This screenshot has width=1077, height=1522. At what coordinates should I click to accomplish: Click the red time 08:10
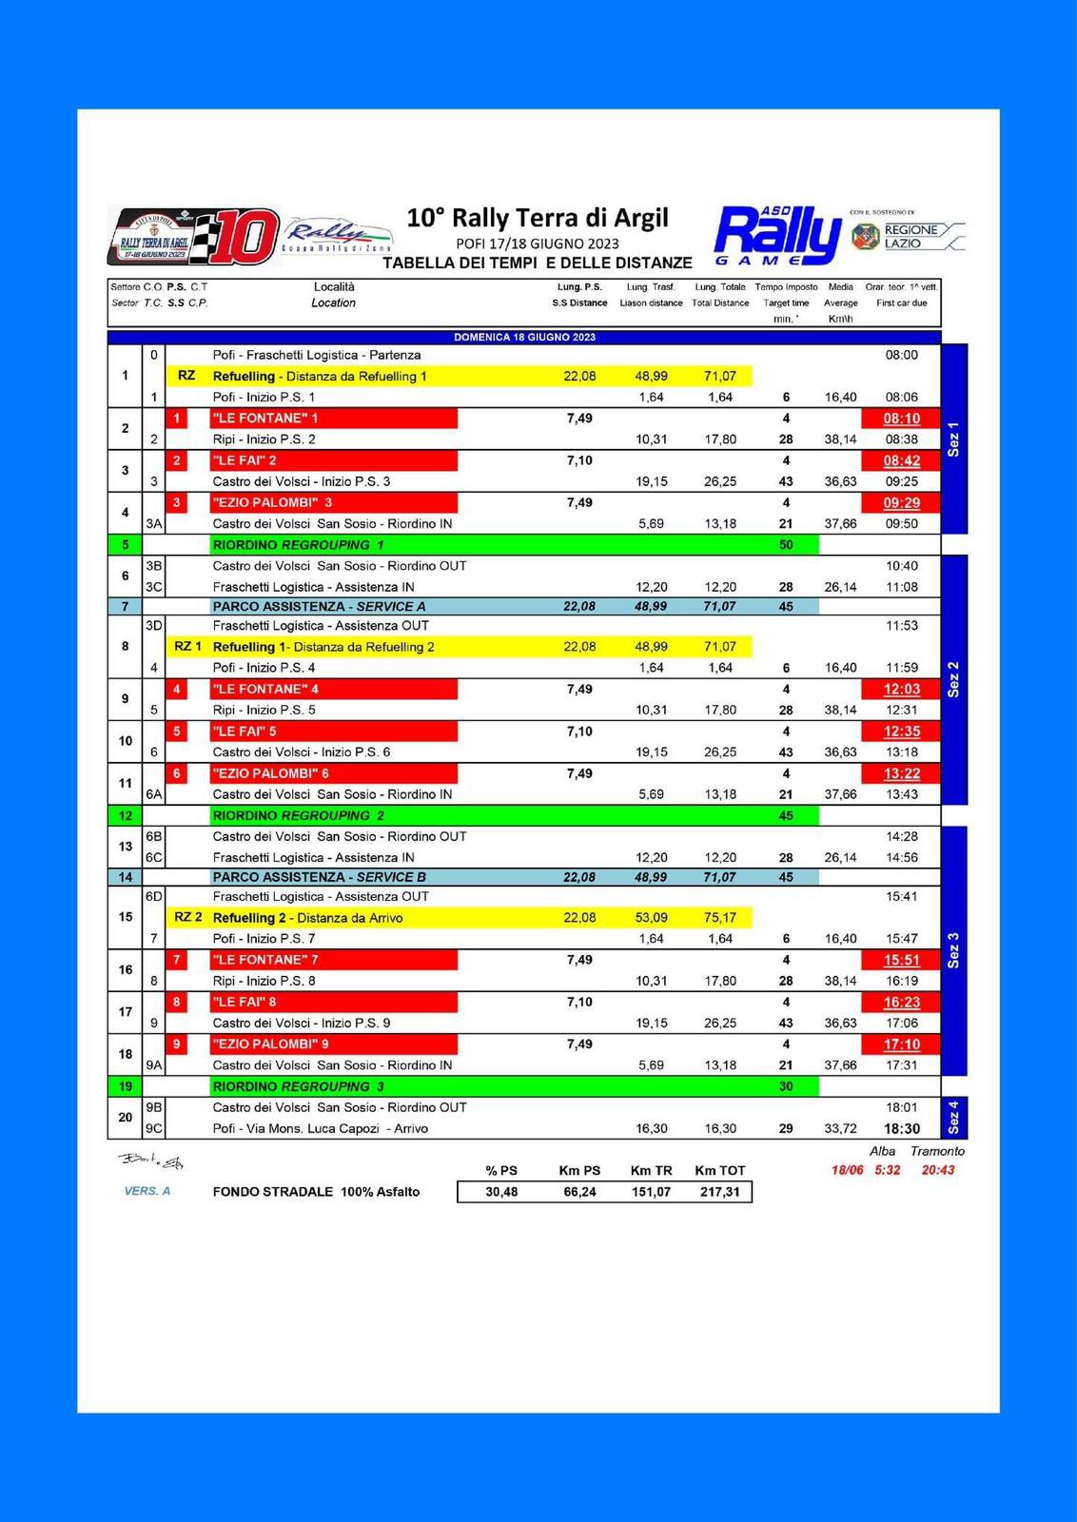click(901, 419)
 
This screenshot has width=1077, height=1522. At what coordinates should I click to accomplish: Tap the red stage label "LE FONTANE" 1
click(265, 419)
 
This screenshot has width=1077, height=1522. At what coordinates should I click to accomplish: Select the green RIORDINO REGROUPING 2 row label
click(298, 815)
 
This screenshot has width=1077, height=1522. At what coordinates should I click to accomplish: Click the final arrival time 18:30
click(901, 1128)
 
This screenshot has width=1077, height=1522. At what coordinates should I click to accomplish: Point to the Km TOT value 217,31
click(718, 1192)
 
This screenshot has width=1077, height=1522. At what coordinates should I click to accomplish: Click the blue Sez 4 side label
click(954, 1118)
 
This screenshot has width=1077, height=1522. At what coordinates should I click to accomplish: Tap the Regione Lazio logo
click(907, 236)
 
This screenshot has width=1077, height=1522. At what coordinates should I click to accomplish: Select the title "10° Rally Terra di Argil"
click(538, 218)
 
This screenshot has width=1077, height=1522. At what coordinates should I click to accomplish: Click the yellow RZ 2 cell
click(187, 917)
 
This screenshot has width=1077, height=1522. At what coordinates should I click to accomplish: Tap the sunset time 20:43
click(937, 1170)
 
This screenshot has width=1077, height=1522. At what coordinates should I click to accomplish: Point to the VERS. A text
click(147, 1191)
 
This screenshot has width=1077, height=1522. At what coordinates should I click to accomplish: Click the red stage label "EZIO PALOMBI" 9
click(271, 1044)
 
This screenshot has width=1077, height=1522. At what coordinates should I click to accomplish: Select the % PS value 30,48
click(501, 1192)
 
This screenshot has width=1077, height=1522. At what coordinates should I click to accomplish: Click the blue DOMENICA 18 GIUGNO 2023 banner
click(524, 337)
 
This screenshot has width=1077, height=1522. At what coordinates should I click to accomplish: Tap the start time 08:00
click(901, 355)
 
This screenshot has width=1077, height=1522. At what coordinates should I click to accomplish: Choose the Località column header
click(333, 286)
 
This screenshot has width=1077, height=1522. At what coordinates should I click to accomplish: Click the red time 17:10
click(901, 1044)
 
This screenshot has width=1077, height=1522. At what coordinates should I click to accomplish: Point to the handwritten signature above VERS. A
click(151, 1161)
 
